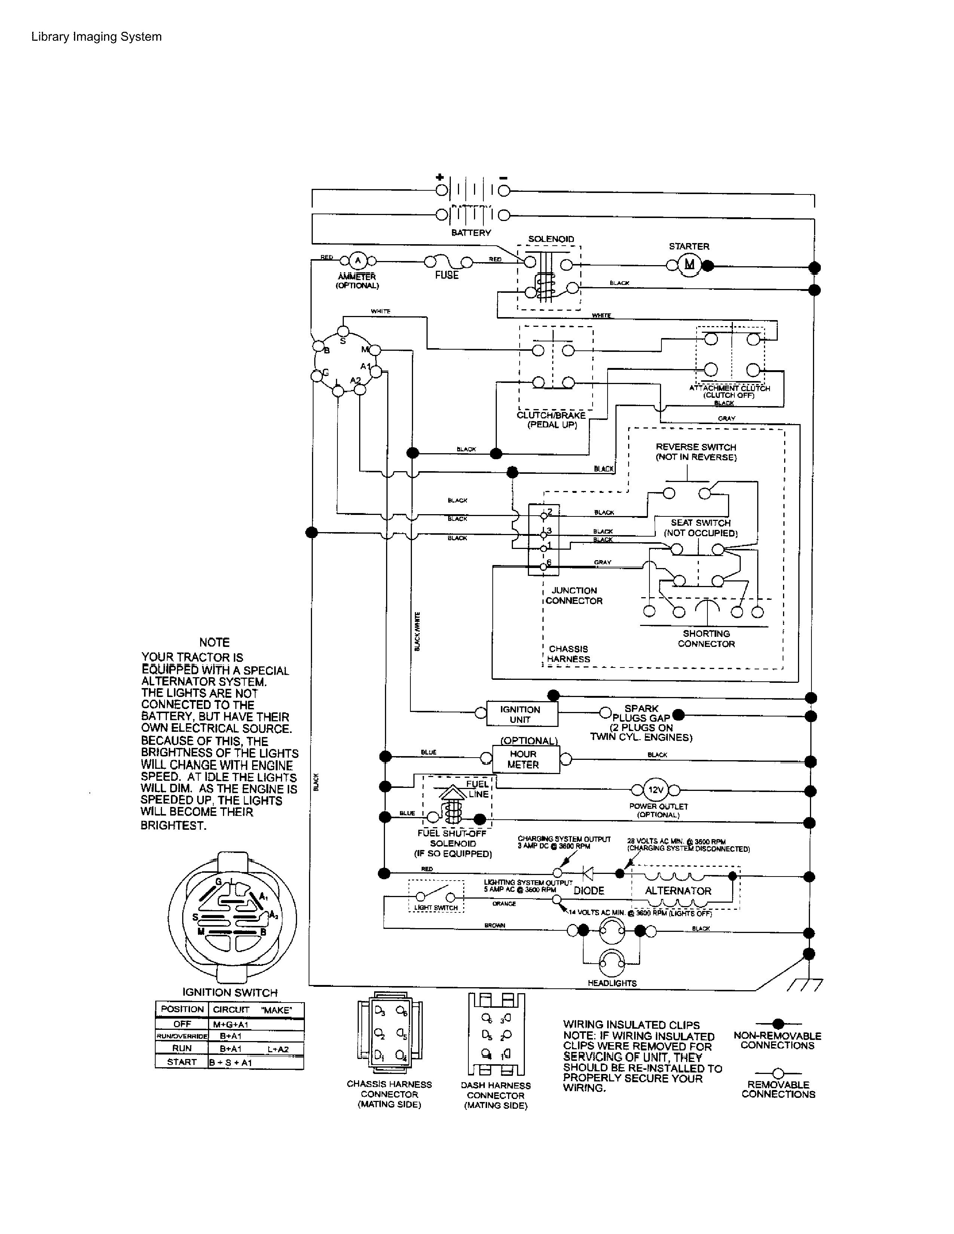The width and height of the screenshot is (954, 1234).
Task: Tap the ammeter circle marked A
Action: click(357, 261)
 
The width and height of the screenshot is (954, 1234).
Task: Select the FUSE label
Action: click(446, 275)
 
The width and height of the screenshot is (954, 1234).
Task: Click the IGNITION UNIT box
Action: click(520, 714)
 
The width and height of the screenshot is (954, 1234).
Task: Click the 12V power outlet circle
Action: click(655, 790)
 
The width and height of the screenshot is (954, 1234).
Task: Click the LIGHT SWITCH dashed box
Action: click(436, 897)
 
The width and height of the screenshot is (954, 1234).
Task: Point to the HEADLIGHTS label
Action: click(612, 983)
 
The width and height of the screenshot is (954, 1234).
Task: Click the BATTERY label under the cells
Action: click(471, 233)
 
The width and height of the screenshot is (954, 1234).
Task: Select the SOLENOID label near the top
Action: click(550, 239)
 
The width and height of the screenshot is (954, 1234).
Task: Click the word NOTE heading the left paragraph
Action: click(214, 642)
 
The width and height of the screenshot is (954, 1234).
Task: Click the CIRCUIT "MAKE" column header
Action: click(252, 1010)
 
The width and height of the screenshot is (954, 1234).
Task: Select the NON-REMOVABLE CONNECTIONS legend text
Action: click(777, 1041)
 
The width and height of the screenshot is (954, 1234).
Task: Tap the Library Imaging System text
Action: click(97, 37)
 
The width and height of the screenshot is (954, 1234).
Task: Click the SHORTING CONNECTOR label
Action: click(706, 638)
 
